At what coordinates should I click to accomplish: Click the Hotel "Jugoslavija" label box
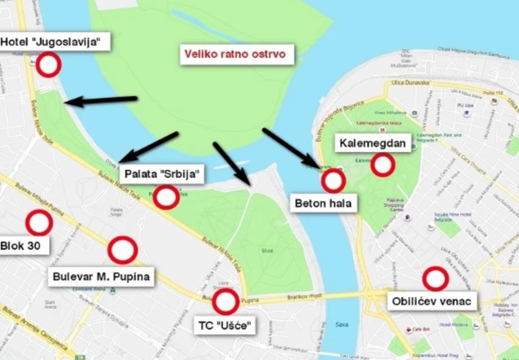click(55, 41)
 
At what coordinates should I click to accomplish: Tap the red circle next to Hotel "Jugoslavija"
click(48, 65)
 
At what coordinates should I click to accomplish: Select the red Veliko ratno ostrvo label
click(237, 54)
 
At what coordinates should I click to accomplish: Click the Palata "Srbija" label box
click(161, 175)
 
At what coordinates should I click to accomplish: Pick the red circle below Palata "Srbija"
click(166, 197)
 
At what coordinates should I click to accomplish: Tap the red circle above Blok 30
click(39, 223)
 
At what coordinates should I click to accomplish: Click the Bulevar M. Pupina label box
click(101, 276)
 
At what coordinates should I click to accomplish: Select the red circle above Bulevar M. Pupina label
click(122, 250)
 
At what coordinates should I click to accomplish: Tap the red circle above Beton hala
click(333, 181)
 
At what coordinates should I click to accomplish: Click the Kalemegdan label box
click(373, 142)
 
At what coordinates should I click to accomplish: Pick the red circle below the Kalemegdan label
click(383, 165)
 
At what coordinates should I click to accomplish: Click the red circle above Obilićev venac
click(435, 279)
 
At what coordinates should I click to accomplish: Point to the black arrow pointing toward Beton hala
click(291, 148)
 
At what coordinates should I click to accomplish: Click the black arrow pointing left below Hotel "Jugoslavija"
click(101, 101)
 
